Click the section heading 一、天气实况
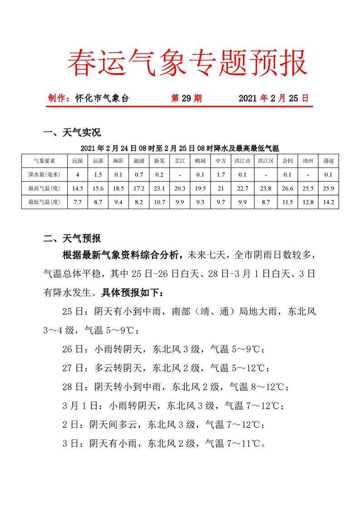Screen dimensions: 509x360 [x=71, y=133]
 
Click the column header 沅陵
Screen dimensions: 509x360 [x=78, y=161]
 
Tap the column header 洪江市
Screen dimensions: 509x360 [x=242, y=161]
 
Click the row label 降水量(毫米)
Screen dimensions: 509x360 [x=44, y=174]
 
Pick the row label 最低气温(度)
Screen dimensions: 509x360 [x=44, y=202]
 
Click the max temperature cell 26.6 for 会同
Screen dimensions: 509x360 [x=287, y=188]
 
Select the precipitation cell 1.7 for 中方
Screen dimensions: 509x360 [x=221, y=174]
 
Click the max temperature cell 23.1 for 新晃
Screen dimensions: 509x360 [x=159, y=188]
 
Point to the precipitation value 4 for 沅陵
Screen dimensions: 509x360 [x=78, y=174]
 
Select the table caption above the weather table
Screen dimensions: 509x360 [x=180, y=148]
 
